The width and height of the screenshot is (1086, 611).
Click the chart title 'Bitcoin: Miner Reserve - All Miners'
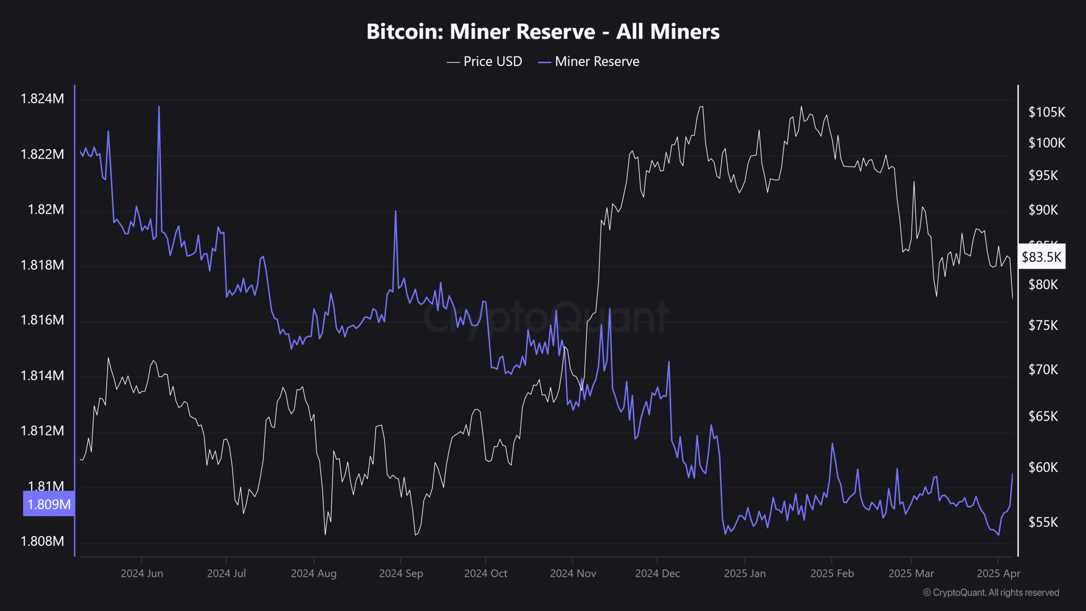pyautogui.click(x=543, y=32)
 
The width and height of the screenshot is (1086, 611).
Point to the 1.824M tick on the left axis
pyautogui.click(x=42, y=99)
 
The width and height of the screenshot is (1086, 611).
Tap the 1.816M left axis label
pyautogui.click(x=42, y=320)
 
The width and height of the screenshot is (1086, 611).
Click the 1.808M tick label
pyautogui.click(x=42, y=541)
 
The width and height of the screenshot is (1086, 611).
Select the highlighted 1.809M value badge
pyautogui.click(x=49, y=504)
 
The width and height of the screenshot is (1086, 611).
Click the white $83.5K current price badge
pyautogui.click(x=1041, y=257)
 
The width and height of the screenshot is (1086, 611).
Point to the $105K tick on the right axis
pyautogui.click(x=1047, y=112)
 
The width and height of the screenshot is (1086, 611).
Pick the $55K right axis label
pyautogui.click(x=1043, y=522)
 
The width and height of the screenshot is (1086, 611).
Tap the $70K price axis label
pyautogui.click(x=1043, y=370)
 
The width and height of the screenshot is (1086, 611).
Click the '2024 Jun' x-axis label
pyautogui.click(x=142, y=574)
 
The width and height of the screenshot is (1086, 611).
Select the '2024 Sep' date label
pyautogui.click(x=401, y=574)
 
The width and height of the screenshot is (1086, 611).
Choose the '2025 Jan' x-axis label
pyautogui.click(x=745, y=574)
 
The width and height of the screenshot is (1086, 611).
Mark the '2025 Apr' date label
pyautogui.click(x=998, y=574)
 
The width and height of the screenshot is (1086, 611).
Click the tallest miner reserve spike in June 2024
pyautogui.click(x=159, y=107)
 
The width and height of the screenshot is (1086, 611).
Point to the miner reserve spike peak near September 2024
pyautogui.click(x=395, y=211)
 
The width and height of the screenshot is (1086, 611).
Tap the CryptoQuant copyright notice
pyautogui.click(x=991, y=593)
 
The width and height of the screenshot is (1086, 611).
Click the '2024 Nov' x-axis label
pyautogui.click(x=573, y=574)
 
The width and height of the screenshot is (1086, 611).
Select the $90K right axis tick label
pyautogui.click(x=1043, y=210)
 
